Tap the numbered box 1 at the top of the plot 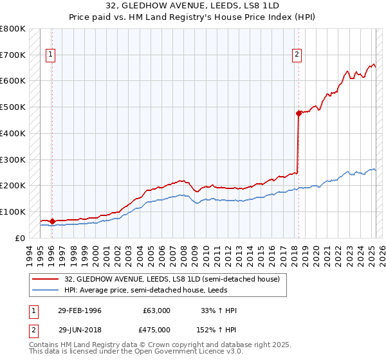tap(51, 55)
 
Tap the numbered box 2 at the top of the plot tap(297, 55)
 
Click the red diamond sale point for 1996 tap(51, 221)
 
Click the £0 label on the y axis tap(21, 238)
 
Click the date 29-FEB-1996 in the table tap(80, 310)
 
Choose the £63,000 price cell tap(156, 310)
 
